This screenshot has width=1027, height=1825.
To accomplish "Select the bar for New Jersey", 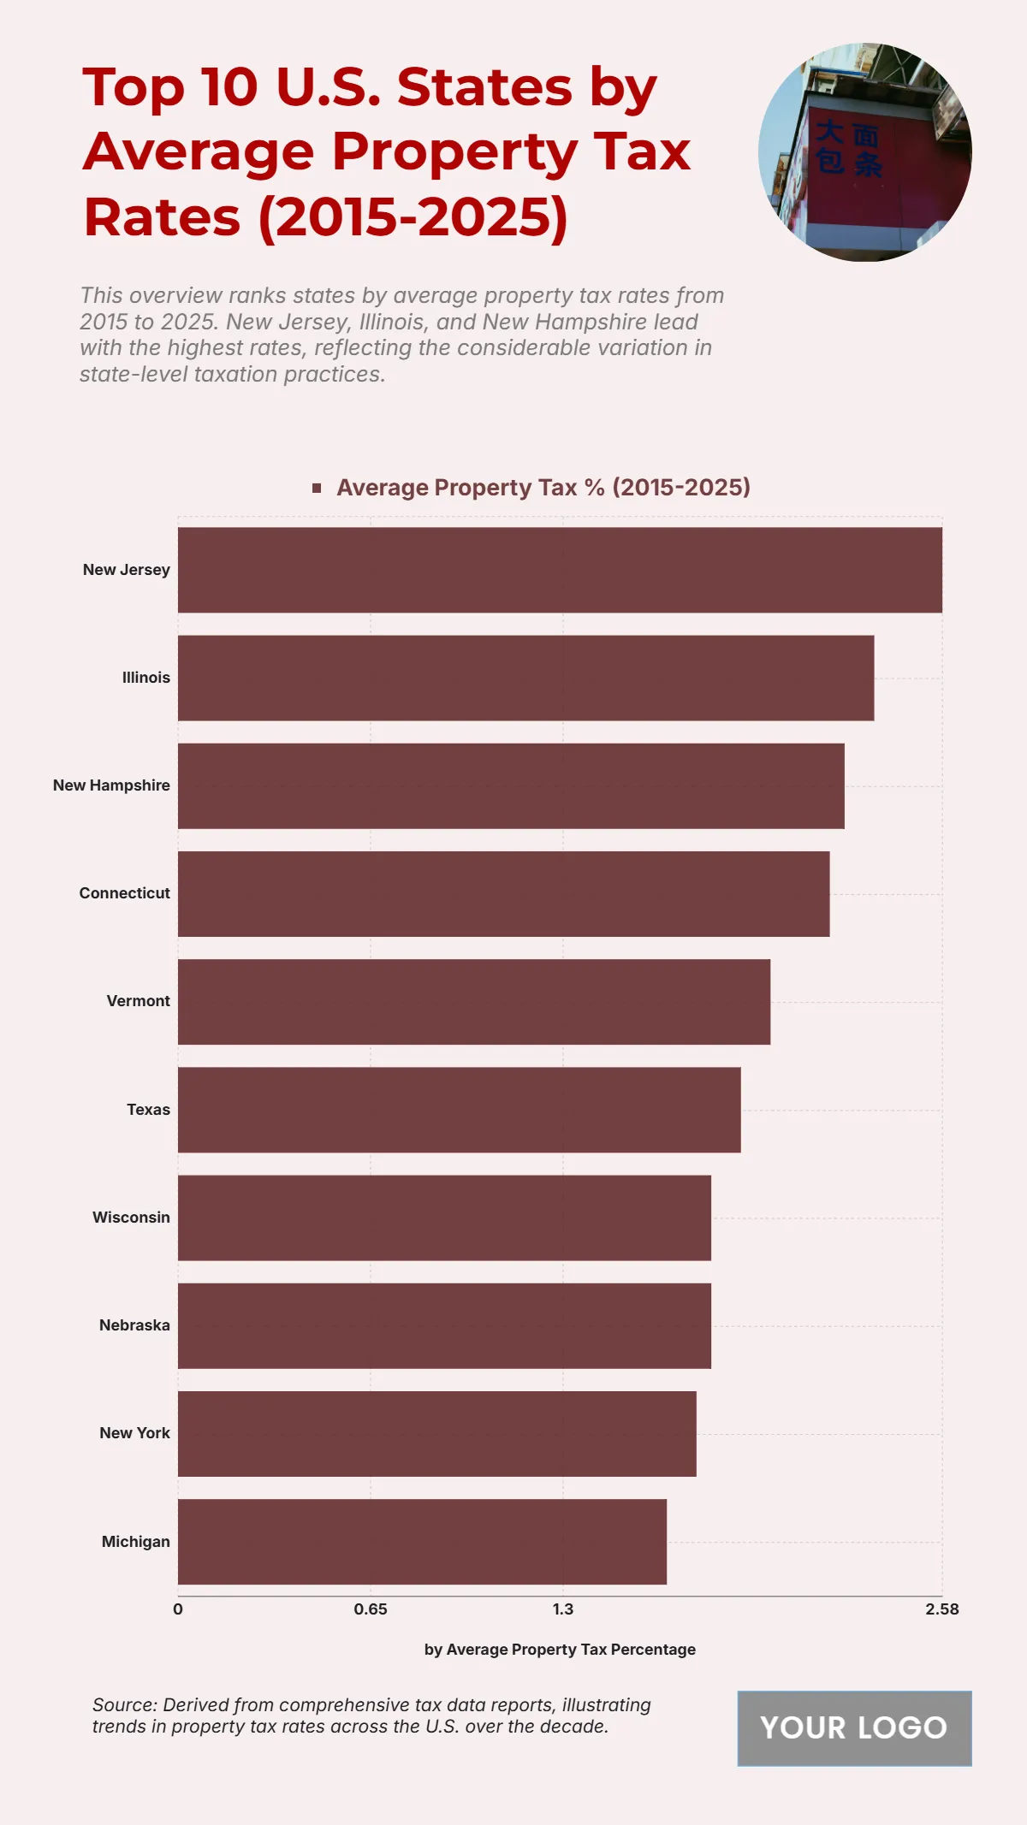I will pos(560,570).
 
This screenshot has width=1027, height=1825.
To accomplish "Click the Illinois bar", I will pos(525,678).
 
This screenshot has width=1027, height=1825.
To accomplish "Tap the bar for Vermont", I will pos(474,1002).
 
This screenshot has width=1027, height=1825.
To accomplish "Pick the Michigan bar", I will pos(422,1542).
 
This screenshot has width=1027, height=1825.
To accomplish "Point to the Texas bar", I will pos(459,1110).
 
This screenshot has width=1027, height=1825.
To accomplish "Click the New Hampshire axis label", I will pos(111,785).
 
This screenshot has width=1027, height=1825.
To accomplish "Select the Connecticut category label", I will pos(124,893).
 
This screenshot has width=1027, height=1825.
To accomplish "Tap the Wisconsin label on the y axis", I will pos(131,1218).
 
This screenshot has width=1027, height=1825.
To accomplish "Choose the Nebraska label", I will pos(134,1325).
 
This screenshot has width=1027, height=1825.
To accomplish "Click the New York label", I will pos(134,1433).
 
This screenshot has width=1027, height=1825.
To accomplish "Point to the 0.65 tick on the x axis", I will pos(371,1609).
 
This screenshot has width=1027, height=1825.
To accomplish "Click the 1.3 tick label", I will pos(563,1609).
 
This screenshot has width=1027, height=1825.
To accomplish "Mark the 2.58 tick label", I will pos(941,1609).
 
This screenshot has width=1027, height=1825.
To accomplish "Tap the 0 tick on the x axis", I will pos(178,1609).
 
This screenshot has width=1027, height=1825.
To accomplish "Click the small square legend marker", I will pos(317,488).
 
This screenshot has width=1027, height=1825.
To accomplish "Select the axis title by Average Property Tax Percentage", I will pos(560,1650).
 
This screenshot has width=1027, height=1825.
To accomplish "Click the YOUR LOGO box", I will pos(854,1728).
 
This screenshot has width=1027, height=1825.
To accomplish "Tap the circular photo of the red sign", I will pos(864,152).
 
